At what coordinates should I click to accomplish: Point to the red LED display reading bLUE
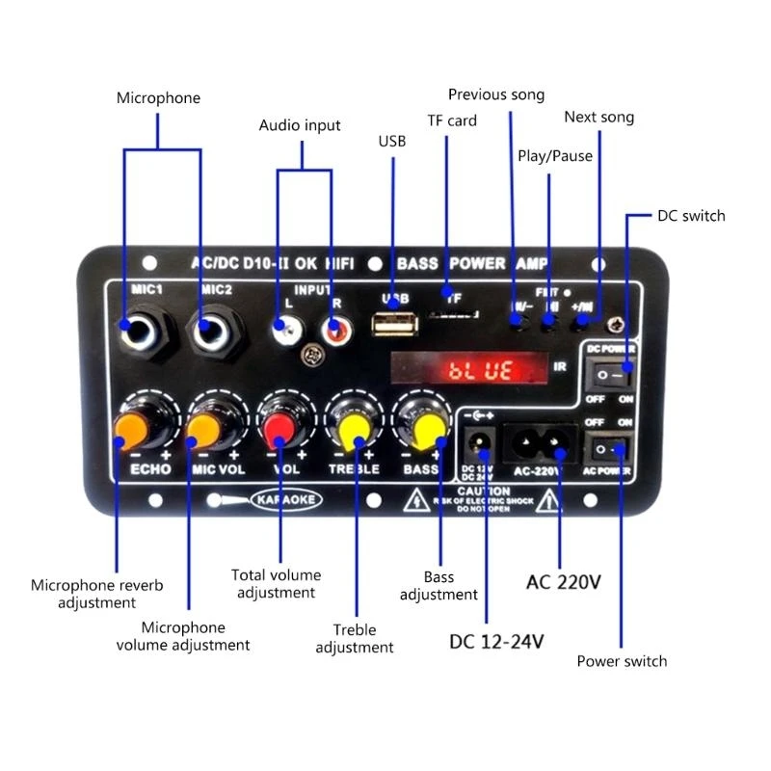(x=479, y=370)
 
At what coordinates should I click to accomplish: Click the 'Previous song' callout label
(x=496, y=94)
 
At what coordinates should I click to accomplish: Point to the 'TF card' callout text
(x=452, y=120)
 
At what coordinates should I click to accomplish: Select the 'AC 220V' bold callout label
(x=564, y=582)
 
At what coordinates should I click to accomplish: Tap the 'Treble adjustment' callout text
(x=355, y=638)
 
